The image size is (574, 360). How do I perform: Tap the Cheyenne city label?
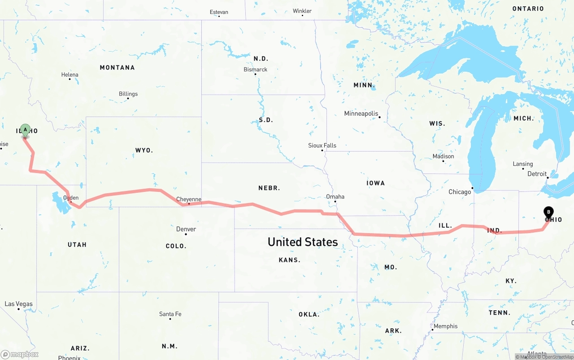[189, 199]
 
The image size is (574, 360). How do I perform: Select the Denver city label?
[186, 229]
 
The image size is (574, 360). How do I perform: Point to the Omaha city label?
[335, 196]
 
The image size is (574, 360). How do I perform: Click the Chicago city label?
[460, 192]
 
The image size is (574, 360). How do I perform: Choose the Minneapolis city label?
[361, 113]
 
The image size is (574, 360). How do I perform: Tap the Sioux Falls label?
[322, 145]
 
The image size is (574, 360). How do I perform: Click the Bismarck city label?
[256, 69]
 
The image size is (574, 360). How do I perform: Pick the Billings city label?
[128, 94]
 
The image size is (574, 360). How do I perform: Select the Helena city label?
[70, 75]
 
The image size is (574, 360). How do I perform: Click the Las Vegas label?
[19, 304]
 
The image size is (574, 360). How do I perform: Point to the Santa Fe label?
[170, 314]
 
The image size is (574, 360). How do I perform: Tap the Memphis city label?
[446, 326]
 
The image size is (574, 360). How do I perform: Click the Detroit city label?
[537, 174]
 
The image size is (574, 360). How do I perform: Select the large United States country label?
[303, 242]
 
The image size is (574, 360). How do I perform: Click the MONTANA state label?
[117, 67]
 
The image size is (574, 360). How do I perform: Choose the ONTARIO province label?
[528, 9]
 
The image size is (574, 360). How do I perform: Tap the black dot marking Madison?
[443, 161]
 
